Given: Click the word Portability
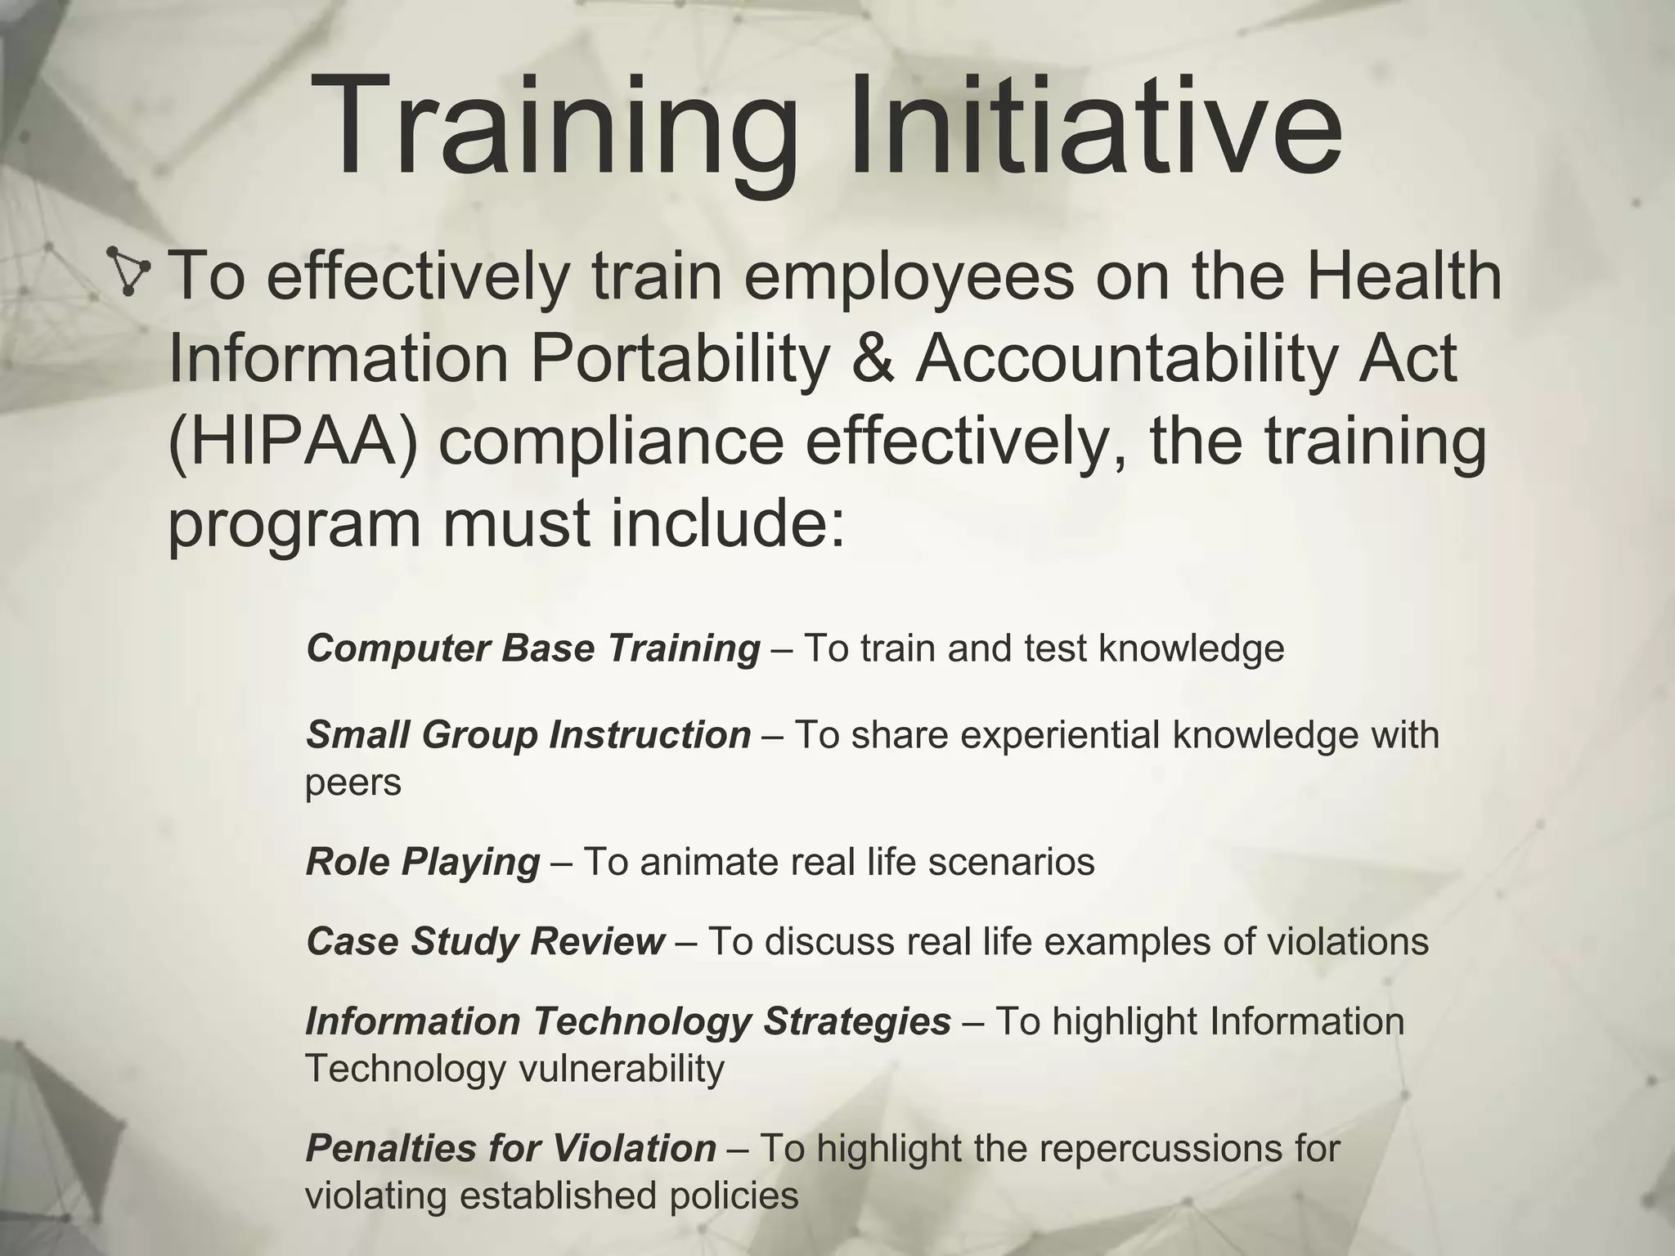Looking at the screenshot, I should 679,359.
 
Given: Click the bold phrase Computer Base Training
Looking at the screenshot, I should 533,648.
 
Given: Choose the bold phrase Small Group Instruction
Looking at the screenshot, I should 528,734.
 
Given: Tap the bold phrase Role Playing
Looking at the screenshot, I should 423,862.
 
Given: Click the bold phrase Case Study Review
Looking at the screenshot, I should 485,941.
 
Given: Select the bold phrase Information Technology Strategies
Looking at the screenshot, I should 628,1021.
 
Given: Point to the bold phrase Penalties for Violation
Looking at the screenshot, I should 511,1148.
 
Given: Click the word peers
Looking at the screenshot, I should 353,783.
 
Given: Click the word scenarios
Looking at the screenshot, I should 1011,862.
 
